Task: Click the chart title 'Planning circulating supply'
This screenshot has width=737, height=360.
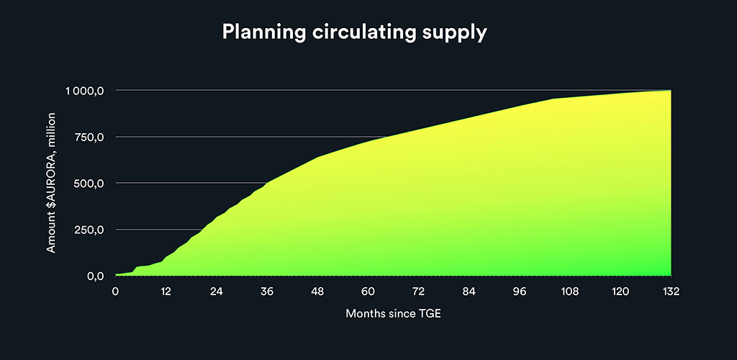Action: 354,32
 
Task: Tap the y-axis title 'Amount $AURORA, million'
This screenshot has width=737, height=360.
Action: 51,183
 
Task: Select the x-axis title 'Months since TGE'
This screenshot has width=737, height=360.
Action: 394,313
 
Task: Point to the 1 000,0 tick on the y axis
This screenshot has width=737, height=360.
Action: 84,91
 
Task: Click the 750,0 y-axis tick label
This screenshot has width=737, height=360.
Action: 89,138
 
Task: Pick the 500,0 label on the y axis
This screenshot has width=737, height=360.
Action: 89,184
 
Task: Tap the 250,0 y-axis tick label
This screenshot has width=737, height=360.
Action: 89,230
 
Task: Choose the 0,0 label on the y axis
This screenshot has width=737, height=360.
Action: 94,276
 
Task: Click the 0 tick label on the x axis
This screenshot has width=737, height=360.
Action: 115,292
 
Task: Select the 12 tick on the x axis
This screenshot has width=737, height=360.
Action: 166,292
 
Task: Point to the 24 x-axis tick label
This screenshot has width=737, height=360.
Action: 216,292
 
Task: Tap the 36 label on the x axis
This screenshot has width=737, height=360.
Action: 267,292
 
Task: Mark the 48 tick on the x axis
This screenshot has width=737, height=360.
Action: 317,292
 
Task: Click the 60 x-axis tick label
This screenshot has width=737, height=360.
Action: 368,292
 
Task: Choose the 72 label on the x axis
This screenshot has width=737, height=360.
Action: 418,292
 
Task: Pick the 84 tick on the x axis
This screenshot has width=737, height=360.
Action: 469,292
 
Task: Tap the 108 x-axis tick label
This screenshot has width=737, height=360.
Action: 570,292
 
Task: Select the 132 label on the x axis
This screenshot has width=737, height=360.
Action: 671,292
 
